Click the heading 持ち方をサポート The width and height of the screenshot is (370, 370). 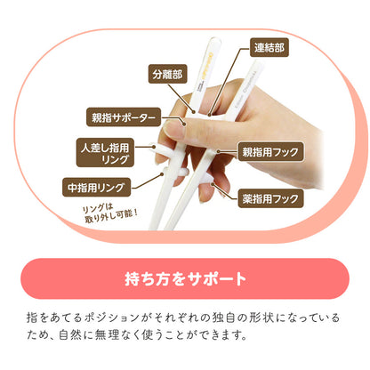pyautogui.click(x=185, y=279)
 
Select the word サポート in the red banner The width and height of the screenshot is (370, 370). pyautogui.click(x=214, y=279)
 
